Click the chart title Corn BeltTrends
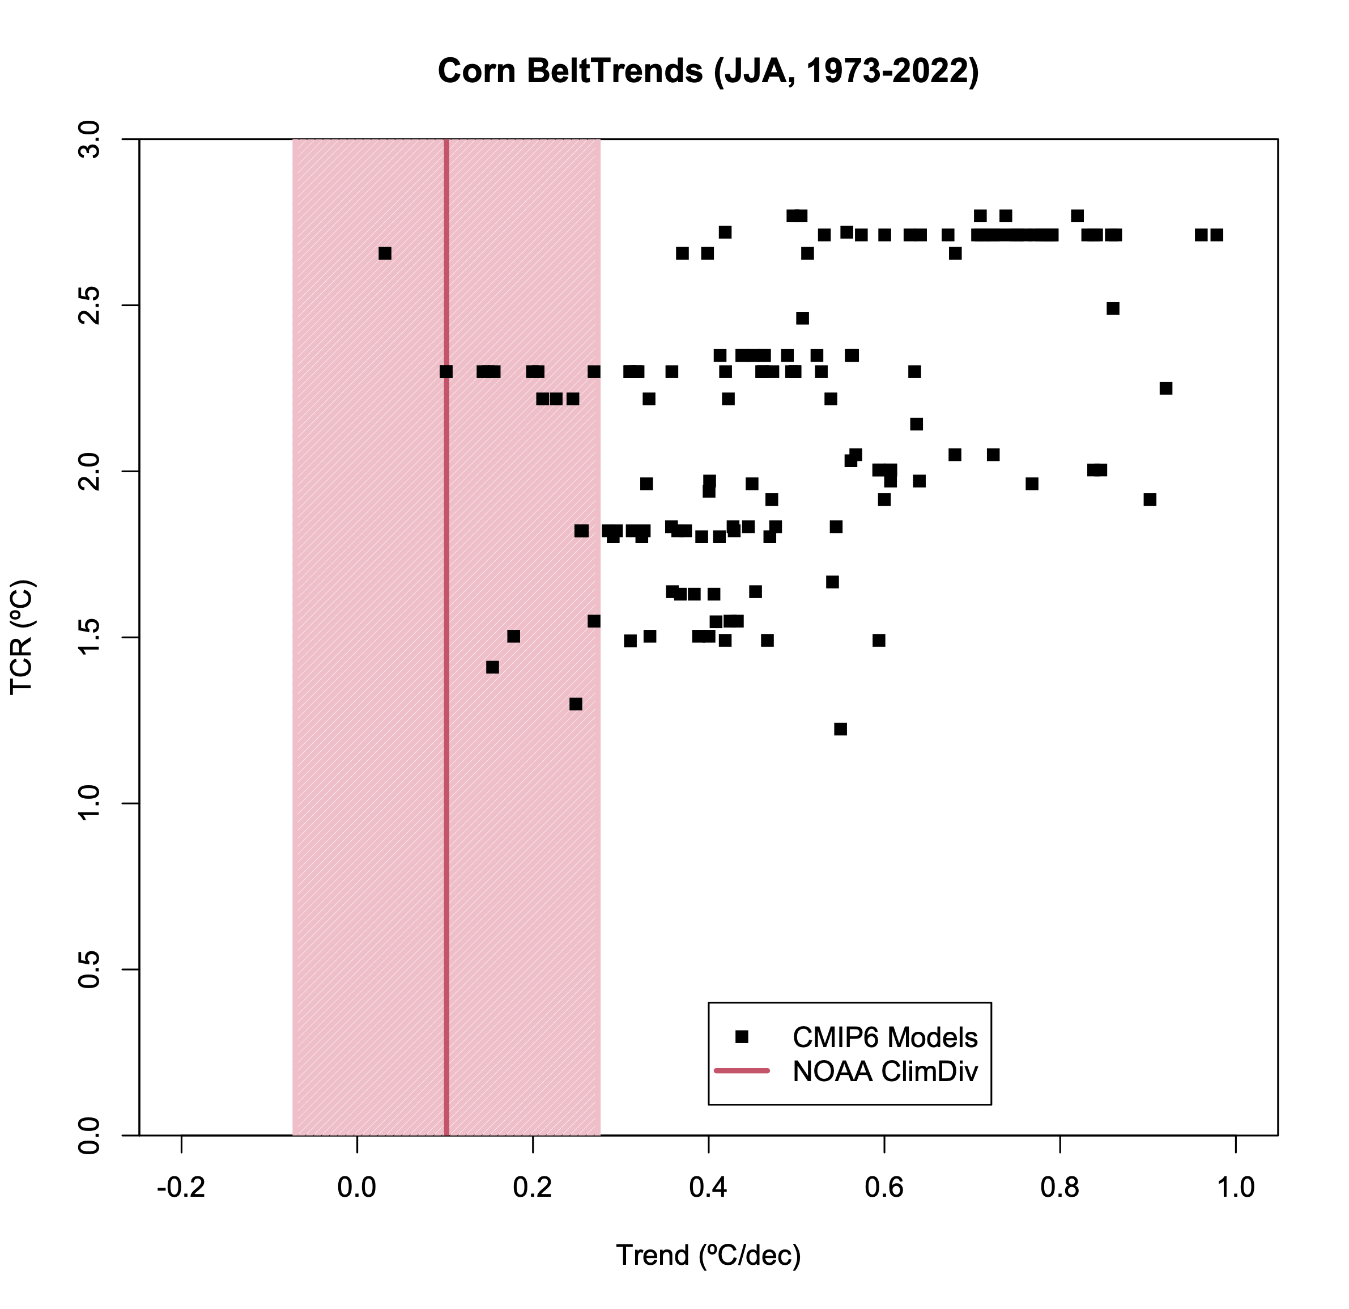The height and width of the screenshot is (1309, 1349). coord(708,71)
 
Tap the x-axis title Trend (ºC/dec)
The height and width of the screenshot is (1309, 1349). coord(708,1255)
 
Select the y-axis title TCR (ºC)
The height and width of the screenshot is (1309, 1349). coord(23,638)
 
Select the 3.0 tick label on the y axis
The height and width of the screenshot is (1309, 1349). coord(90,140)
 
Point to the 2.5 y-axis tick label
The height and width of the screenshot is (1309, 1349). coord(90,306)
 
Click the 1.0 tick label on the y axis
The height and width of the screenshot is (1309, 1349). coord(90,803)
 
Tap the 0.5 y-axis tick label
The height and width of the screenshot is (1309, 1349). coord(90,969)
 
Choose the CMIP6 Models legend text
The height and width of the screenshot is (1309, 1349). coord(885,1036)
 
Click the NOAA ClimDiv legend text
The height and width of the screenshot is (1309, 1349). coord(885,1071)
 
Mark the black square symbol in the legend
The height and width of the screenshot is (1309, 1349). coord(741,1036)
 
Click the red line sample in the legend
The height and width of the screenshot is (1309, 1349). coord(741,1071)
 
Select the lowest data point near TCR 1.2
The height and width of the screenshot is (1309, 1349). coord(840,729)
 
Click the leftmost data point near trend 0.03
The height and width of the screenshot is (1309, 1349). coord(385,253)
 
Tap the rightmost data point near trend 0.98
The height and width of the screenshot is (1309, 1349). coord(1217,235)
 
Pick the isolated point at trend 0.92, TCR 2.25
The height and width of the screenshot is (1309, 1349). coord(1165,388)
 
